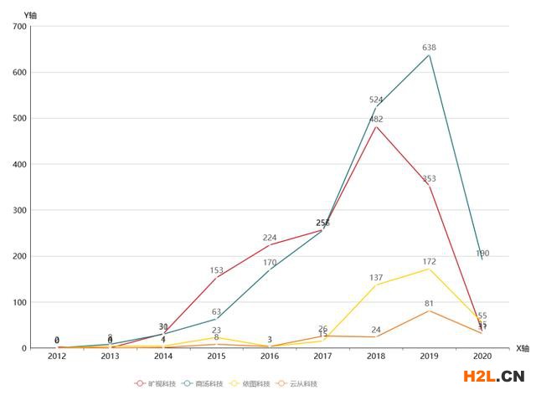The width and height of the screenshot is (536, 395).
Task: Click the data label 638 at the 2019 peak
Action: pyautogui.click(x=429, y=48)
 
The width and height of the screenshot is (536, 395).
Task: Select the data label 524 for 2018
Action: pyautogui.click(x=376, y=100)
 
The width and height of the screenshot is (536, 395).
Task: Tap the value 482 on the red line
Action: pyautogui.click(x=376, y=120)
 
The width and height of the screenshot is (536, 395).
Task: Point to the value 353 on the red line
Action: pyautogui.click(x=429, y=179)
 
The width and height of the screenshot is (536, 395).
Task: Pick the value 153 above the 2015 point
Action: pyautogui.click(x=216, y=270)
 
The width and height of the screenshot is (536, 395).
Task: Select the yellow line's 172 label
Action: pyautogui.click(x=429, y=262)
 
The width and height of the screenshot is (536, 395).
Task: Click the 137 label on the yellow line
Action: pyautogui.click(x=376, y=278)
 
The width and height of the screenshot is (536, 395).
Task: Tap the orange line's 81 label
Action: pyautogui.click(x=429, y=304)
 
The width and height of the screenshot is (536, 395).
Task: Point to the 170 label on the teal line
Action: pyautogui.click(x=269, y=263)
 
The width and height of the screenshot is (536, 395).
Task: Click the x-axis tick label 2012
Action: pyautogui.click(x=57, y=357)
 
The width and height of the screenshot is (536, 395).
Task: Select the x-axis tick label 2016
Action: pyautogui.click(x=269, y=357)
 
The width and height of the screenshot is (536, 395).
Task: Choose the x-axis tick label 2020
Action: pyautogui.click(x=482, y=357)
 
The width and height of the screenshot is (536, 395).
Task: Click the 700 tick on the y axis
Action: pyautogui.click(x=18, y=27)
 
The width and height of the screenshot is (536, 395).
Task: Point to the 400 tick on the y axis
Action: pyautogui.click(x=18, y=164)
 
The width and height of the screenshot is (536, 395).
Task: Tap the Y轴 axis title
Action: pyautogui.click(x=31, y=15)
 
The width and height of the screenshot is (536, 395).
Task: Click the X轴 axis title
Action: pyautogui.click(x=522, y=348)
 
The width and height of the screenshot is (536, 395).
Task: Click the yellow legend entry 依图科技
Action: pyautogui.click(x=250, y=383)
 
